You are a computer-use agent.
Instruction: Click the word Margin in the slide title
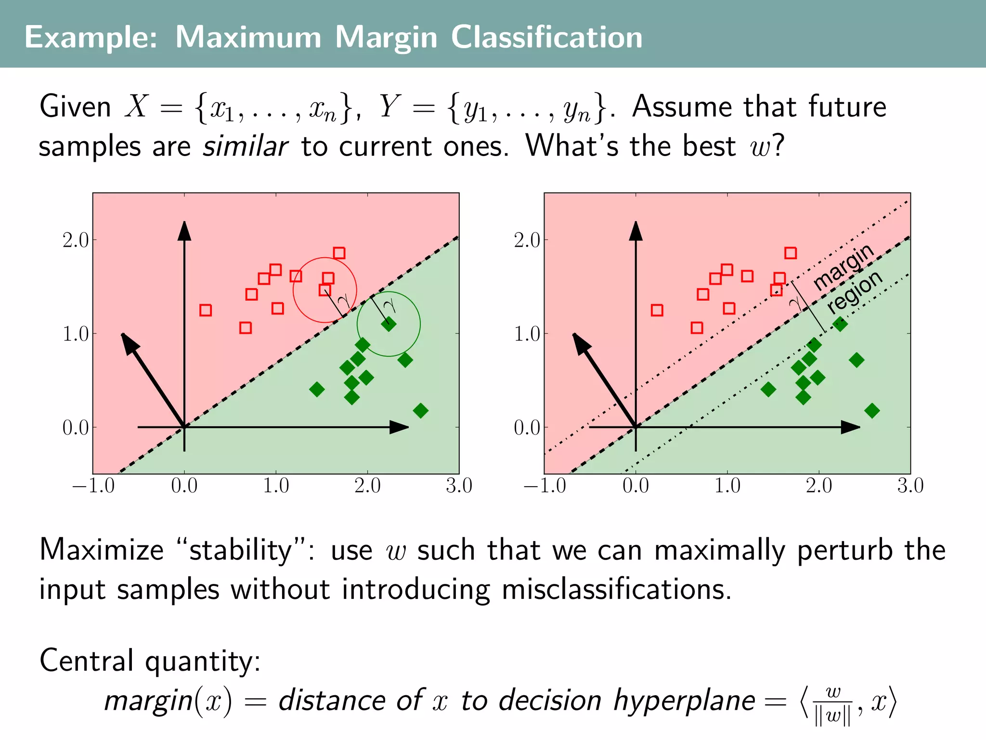coord(386,38)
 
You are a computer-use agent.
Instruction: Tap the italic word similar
coord(245,146)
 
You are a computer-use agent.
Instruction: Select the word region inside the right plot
coord(855,291)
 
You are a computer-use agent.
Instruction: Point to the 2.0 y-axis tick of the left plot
coord(76,240)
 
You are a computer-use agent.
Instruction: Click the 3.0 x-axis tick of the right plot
coord(910,486)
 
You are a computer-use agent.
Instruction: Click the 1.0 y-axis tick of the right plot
coord(527,334)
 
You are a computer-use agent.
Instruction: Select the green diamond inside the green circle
coord(389,324)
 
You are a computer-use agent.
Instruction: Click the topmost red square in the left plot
coord(339,253)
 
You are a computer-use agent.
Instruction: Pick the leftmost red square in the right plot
coord(657,310)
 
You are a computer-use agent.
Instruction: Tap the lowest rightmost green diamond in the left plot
coord(420,411)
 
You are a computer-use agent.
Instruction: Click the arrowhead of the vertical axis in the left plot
coord(184,230)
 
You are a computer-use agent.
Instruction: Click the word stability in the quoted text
coord(240,550)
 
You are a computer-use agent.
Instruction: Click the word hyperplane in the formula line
coord(684,700)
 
